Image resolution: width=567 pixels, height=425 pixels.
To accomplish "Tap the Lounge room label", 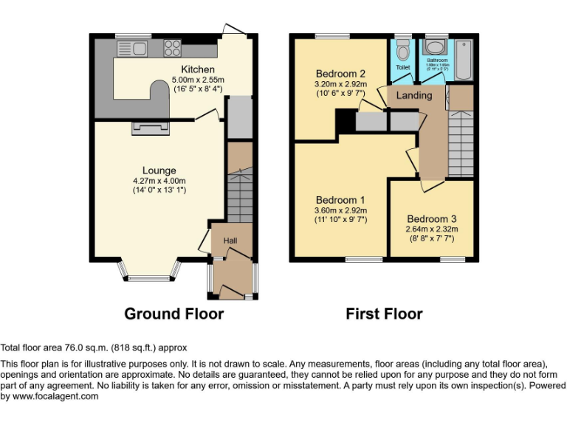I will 159,170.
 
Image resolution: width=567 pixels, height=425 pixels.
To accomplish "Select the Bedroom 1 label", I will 340,200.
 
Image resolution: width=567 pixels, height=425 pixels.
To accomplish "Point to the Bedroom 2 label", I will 340,74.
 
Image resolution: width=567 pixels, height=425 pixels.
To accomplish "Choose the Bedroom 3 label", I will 432,219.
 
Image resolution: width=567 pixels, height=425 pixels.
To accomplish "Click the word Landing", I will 414,96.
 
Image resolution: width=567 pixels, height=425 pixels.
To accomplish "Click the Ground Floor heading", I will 173,314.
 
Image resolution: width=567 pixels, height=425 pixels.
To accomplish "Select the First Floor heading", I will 384,314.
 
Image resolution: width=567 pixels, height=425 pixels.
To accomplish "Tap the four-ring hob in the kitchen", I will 173,49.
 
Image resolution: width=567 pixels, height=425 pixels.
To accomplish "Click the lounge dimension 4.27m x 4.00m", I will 159,181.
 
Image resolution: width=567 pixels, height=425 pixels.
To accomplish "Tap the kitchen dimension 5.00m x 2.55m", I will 197,80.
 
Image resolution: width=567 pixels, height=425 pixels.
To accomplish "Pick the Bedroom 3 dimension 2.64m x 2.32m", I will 432,229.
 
